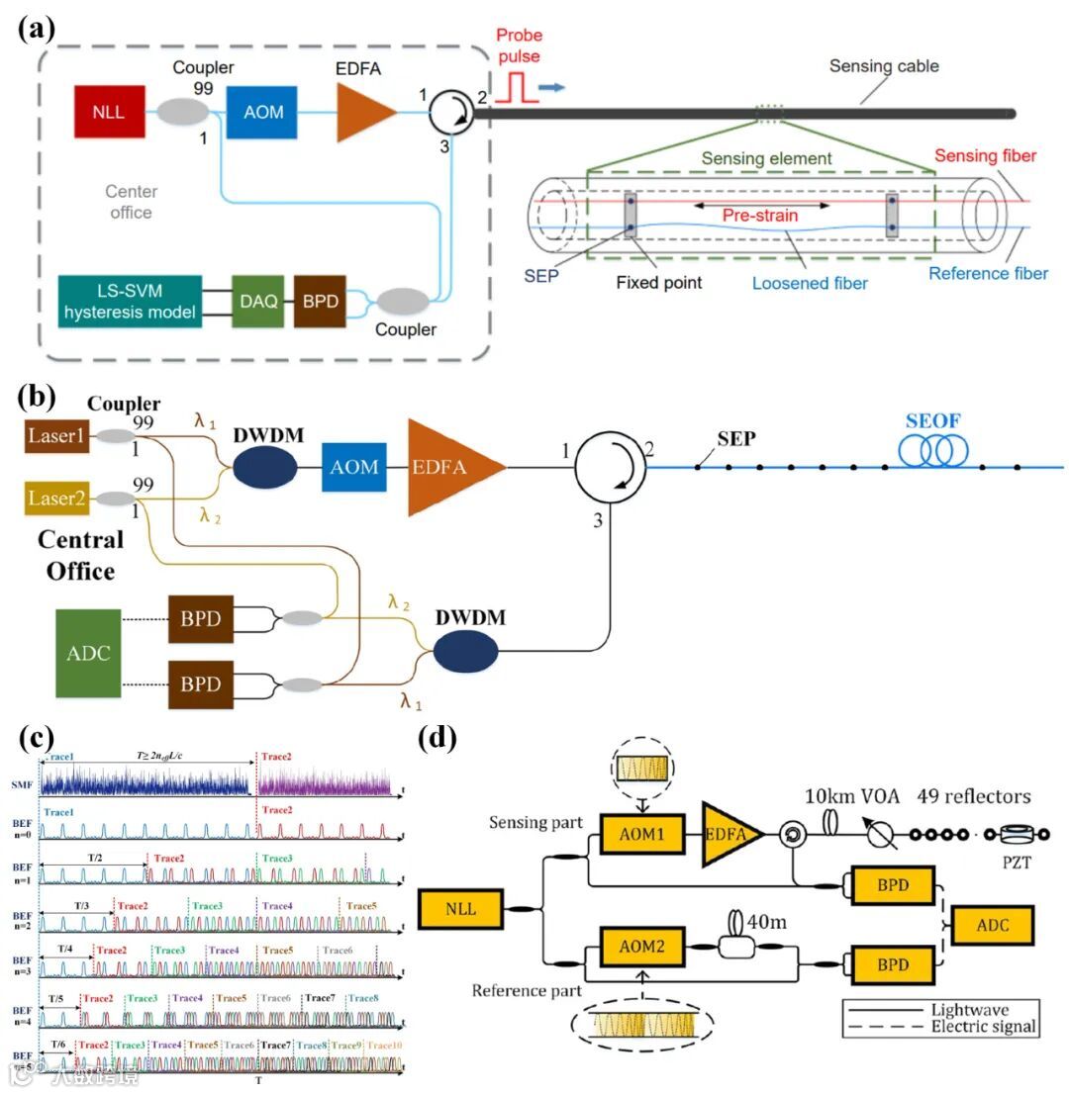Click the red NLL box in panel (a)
click(x=109, y=111)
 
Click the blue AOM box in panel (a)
click(x=261, y=111)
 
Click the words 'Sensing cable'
click(x=884, y=67)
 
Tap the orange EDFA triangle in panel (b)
click(x=450, y=467)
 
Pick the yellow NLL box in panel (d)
click(x=460, y=908)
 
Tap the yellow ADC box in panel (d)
click(x=993, y=925)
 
